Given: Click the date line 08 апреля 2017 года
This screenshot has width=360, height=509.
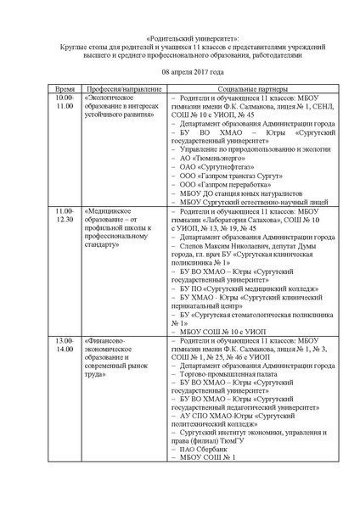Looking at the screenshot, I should tap(180, 72).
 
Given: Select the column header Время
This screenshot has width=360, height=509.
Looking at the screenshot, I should tap(65, 88).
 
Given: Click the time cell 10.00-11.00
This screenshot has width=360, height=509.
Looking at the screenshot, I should tap(65, 103).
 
